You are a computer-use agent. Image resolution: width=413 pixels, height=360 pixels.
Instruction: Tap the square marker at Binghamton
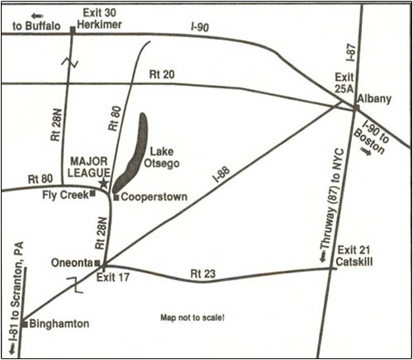tap(26, 324)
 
